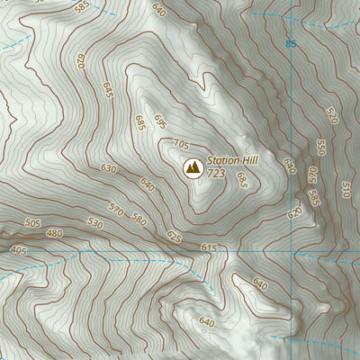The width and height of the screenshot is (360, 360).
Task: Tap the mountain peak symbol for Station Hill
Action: click(192, 166)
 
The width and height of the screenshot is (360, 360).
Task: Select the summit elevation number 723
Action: click(216, 173)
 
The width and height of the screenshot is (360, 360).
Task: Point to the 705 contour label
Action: click(181, 144)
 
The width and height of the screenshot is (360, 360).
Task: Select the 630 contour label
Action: click(109, 168)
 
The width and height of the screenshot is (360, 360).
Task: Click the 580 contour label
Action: click(139, 218)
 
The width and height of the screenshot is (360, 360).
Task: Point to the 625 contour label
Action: click(174, 237)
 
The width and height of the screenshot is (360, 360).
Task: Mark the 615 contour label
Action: click(210, 247)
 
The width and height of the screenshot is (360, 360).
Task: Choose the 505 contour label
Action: click(32, 223)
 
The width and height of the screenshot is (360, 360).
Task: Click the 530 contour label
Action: click(94, 221)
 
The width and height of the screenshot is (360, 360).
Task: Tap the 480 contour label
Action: click(55, 234)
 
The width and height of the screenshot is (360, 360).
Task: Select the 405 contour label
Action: click(17, 249)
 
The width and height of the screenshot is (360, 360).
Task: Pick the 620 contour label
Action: click(294, 213)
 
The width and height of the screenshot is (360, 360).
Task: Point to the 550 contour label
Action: click(320, 147)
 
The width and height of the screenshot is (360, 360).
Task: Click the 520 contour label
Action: click(331, 116)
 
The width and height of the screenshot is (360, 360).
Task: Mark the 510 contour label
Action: click(346, 189)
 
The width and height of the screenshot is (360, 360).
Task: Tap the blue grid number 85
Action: click(290, 43)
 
